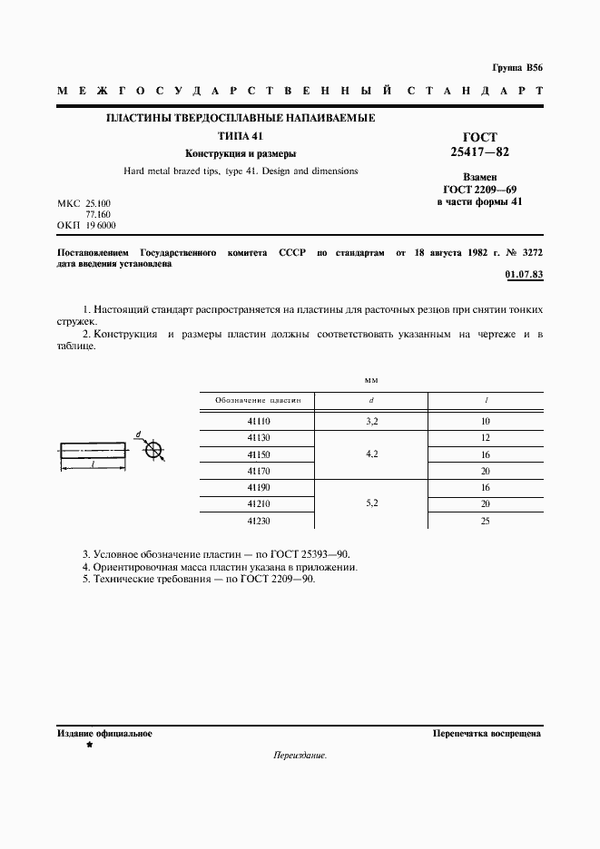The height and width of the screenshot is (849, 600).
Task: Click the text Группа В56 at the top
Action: (x=516, y=68)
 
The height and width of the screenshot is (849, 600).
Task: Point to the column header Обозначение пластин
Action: (x=263, y=399)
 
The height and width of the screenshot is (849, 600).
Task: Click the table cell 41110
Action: (x=259, y=422)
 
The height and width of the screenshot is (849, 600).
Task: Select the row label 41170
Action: (x=259, y=471)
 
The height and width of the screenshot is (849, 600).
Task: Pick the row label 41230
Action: (x=259, y=522)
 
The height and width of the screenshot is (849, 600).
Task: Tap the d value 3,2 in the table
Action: (x=371, y=422)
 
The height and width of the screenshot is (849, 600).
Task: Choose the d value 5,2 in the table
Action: (x=371, y=504)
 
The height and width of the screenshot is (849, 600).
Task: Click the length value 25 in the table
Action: (x=486, y=522)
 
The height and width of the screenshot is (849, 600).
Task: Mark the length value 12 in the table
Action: (x=486, y=438)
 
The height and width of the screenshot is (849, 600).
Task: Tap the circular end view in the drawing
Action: (x=154, y=450)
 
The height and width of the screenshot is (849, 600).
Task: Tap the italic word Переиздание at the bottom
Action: (x=299, y=755)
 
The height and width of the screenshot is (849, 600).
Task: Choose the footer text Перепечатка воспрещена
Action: (x=487, y=733)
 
